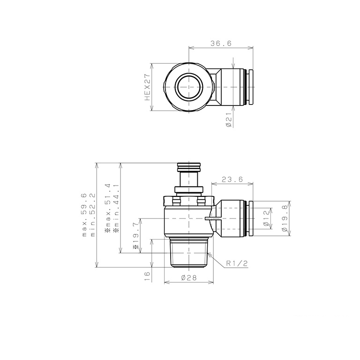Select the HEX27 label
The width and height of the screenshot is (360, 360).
pyautogui.click(x=147, y=87)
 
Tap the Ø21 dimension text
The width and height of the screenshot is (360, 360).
pyautogui.click(x=228, y=121)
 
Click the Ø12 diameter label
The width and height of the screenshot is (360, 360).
pyautogui.click(x=267, y=218)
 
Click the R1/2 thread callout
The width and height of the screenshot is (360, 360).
pyautogui.click(x=236, y=264)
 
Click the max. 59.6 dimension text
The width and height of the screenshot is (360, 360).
pyautogui.click(x=84, y=215)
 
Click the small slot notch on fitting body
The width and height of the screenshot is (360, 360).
pyautogui.click(x=210, y=218)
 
